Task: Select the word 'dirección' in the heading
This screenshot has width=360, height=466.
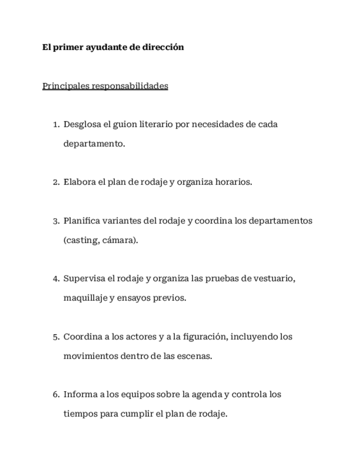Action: (163, 47)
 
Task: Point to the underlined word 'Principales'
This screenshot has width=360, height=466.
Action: (66, 86)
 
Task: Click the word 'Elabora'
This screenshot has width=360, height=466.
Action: (79, 182)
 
